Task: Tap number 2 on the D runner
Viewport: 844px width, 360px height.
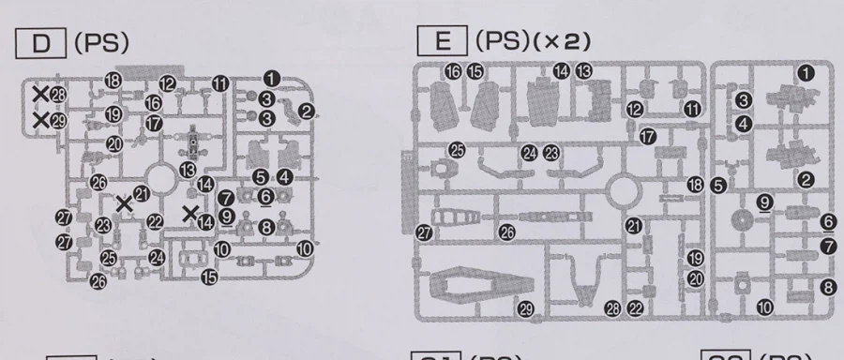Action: tap(306, 112)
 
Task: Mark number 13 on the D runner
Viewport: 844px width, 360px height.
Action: tap(188, 169)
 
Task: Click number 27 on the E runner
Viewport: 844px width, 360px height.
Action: tap(425, 232)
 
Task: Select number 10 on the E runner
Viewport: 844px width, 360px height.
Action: tap(766, 307)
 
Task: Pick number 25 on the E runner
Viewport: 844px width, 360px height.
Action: tap(457, 149)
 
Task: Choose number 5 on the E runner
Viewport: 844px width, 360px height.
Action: tap(718, 185)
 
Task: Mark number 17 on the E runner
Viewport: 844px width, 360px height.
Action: tap(647, 137)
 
